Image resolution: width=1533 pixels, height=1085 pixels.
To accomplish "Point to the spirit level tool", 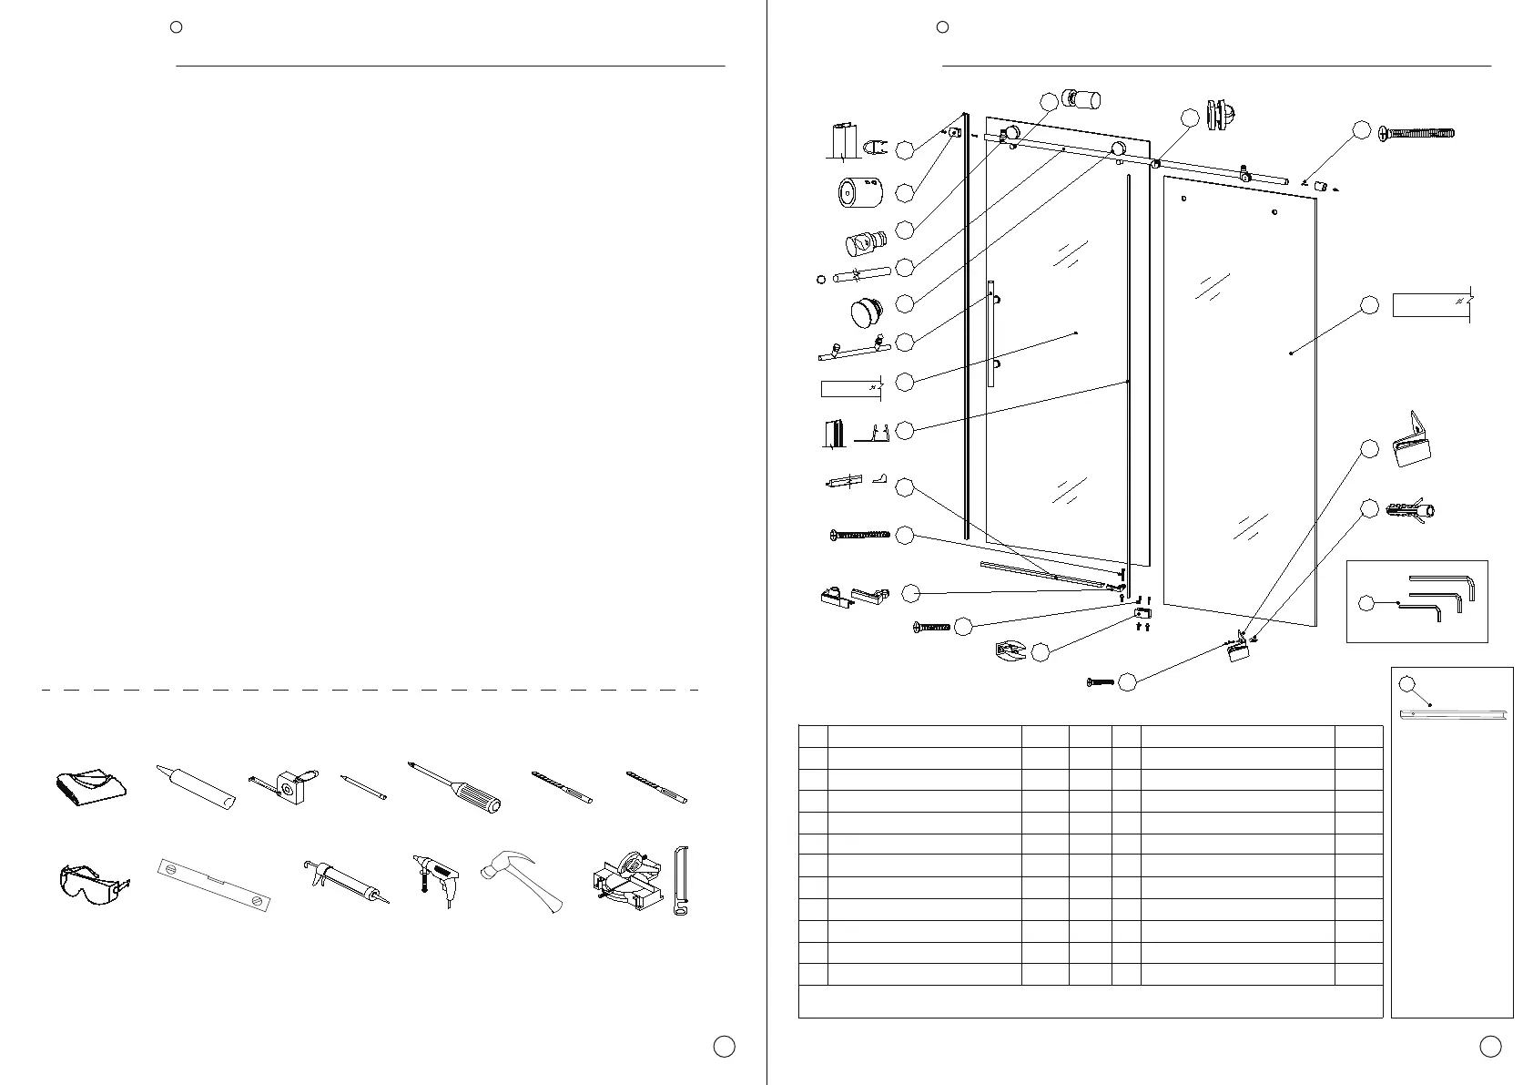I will (x=215, y=883).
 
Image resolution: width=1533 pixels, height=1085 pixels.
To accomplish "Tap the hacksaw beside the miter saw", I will (x=681, y=881).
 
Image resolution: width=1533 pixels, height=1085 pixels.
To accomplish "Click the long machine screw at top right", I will (x=1416, y=133).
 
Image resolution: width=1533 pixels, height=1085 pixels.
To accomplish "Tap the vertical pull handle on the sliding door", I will (x=991, y=333).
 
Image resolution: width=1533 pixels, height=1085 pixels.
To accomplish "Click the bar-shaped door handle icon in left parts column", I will (x=854, y=350).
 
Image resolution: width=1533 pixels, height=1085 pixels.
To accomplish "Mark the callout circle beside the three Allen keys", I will (x=1366, y=603).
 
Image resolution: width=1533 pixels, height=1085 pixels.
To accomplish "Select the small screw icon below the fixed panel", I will (x=1102, y=681).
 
